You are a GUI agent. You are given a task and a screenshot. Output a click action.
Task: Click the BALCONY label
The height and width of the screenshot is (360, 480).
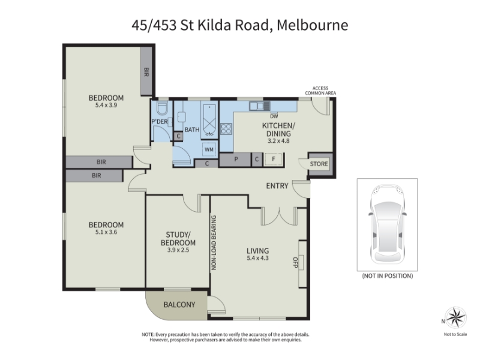179,305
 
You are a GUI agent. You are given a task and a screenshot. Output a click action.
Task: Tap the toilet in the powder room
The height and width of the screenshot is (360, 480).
161,108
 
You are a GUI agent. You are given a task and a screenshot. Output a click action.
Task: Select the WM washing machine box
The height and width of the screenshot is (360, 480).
209,149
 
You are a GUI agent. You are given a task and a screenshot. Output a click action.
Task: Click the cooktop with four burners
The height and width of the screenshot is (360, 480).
226,128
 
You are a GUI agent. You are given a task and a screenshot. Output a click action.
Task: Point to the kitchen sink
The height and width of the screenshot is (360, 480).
260,106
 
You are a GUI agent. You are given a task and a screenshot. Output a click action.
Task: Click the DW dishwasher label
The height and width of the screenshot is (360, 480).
274,116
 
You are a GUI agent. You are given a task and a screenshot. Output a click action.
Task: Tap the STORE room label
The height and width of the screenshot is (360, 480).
319,164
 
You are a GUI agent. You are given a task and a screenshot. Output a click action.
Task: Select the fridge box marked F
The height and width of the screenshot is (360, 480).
274,159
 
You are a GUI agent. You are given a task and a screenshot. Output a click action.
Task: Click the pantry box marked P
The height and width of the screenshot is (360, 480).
236,160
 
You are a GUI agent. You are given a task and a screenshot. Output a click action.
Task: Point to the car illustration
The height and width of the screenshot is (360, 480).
387,224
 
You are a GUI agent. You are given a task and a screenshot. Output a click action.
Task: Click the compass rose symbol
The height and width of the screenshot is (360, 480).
455,318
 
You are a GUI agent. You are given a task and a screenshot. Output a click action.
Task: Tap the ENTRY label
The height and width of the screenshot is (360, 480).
277,186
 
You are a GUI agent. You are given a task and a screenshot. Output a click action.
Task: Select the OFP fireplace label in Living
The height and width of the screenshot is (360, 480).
295,262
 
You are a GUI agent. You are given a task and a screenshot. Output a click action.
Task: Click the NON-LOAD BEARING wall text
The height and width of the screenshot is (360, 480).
214,243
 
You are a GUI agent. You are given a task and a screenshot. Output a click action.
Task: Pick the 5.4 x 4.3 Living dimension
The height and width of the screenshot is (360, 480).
258,258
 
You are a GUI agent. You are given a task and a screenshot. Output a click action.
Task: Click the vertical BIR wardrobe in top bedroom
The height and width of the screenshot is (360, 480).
146,72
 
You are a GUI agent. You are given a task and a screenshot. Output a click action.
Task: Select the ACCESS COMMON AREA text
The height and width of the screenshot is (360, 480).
320,91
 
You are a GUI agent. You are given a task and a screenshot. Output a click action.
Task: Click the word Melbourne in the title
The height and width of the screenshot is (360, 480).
312,25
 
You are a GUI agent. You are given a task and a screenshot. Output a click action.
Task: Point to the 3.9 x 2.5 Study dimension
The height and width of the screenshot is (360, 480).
178,250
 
